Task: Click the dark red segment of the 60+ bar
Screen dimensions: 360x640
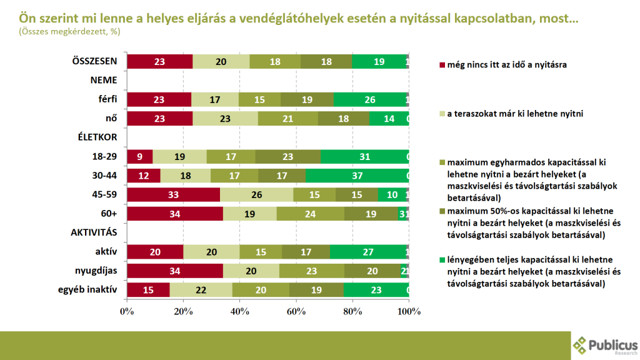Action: click(175, 214)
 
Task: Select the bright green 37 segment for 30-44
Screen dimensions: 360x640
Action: click(357, 176)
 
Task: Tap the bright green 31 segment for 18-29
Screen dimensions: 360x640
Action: click(364, 157)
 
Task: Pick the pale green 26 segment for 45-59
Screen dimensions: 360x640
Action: click(256, 194)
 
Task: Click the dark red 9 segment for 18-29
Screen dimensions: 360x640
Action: click(140, 157)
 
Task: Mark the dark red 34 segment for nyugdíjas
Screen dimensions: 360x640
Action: click(175, 271)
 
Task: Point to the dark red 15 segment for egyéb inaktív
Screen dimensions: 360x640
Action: click(148, 290)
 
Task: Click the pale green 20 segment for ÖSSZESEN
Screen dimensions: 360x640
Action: click(221, 61)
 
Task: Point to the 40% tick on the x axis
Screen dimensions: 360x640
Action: click(240, 311)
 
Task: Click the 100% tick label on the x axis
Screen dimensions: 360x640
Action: click(409, 311)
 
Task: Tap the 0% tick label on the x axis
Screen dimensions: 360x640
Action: click(127, 311)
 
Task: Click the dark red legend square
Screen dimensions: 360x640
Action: click(441, 64)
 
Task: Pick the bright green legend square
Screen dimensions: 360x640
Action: click(441, 259)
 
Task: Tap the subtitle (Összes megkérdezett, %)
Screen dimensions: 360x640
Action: click(69, 31)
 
